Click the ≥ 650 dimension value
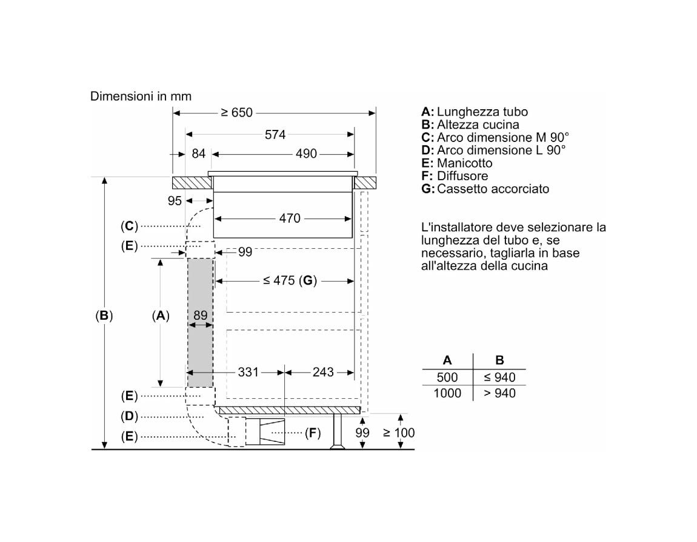tap(236, 112)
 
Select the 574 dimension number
tap(275, 134)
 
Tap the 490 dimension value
tap(306, 154)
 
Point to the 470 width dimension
tap(290, 218)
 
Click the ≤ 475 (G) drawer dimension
tap(290, 281)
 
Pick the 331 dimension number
tap(248, 372)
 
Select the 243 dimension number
tap(322, 372)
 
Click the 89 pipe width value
tap(201, 316)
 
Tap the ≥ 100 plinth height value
tap(399, 433)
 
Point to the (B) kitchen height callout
tap(104, 316)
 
